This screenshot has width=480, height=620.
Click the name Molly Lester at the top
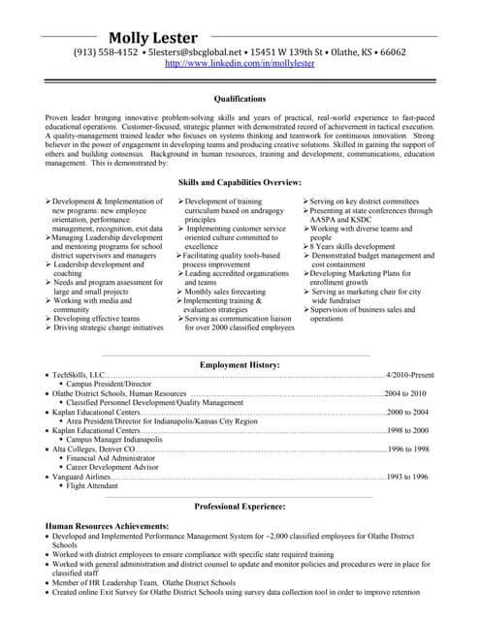pyautogui.click(x=155, y=38)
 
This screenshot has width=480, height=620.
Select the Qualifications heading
pyautogui.click(x=240, y=98)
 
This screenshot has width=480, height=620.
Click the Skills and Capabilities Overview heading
pyautogui.click(x=240, y=155)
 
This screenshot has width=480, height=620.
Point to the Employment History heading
pyautogui.click(x=240, y=364)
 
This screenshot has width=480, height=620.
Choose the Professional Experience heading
pyautogui.click(x=240, y=507)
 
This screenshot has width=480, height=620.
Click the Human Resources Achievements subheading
pyautogui.click(x=107, y=524)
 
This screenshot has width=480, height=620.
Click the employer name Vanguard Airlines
pyautogui.click(x=81, y=477)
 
